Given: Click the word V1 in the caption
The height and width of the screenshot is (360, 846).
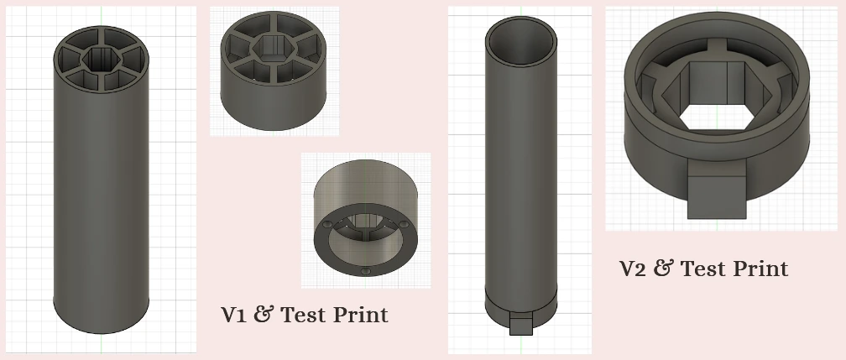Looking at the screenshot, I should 233,315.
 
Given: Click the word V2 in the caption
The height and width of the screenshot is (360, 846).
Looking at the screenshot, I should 634,269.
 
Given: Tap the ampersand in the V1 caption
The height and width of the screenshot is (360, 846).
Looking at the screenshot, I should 263,315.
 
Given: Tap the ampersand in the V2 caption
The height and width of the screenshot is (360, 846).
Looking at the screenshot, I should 663,269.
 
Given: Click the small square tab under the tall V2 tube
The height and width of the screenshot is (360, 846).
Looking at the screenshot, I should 521,325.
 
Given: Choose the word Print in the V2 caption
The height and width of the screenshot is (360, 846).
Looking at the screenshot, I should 760,269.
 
